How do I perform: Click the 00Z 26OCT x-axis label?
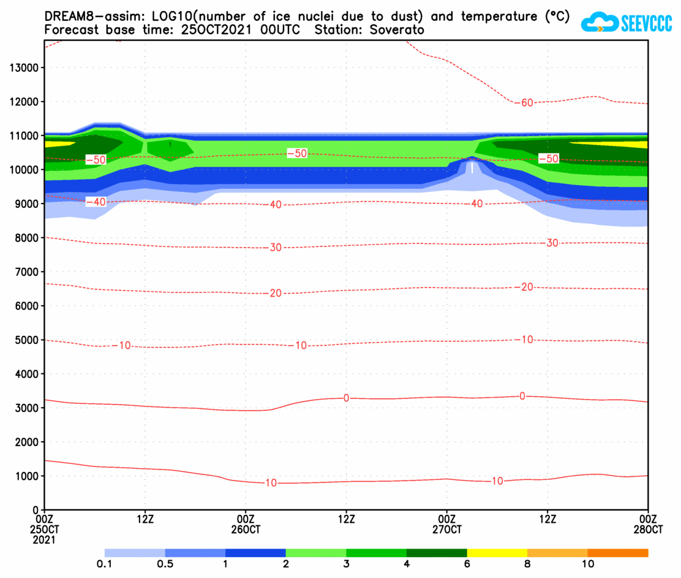coord(246,524)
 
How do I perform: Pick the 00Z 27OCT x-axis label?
coord(446,524)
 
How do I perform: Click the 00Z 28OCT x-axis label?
coord(647,524)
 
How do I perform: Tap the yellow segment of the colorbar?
coord(497,553)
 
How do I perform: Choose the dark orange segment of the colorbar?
coord(617,553)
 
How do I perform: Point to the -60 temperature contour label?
coord(525,102)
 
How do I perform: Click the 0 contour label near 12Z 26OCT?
coord(346,398)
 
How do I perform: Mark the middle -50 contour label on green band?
coord(297,153)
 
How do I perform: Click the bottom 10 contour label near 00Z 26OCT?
coord(270,483)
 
